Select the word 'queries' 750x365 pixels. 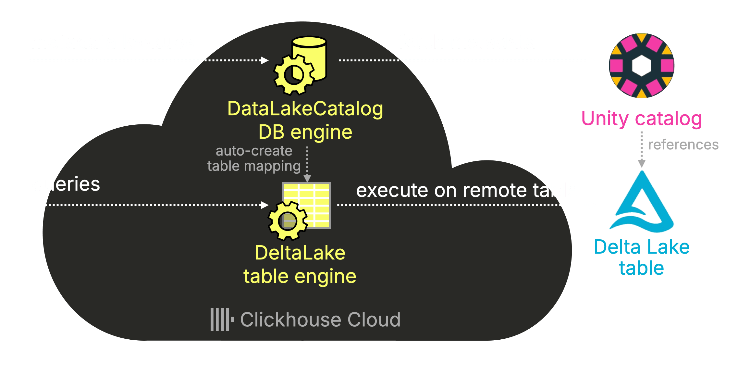[66, 184]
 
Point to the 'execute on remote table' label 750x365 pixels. [467, 190]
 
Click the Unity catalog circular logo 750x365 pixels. [641, 66]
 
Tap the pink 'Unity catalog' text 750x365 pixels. [641, 119]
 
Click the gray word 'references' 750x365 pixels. [683, 145]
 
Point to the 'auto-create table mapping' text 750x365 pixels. [254, 158]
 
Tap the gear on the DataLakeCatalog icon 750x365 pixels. [294, 75]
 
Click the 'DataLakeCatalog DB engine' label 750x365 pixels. [305, 120]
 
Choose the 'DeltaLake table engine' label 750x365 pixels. [300, 264]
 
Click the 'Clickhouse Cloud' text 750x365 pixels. [320, 320]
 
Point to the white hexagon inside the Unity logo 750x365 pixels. [641, 66]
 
